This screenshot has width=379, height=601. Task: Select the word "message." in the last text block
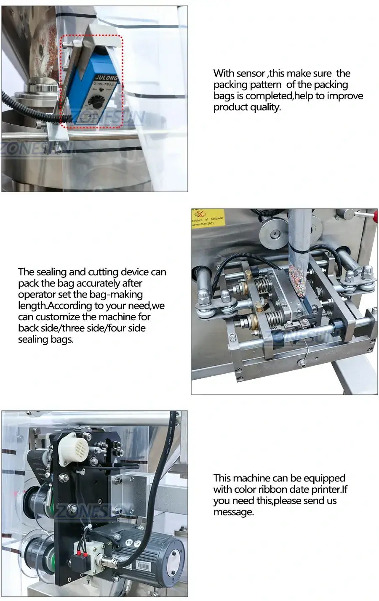(234, 512)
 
